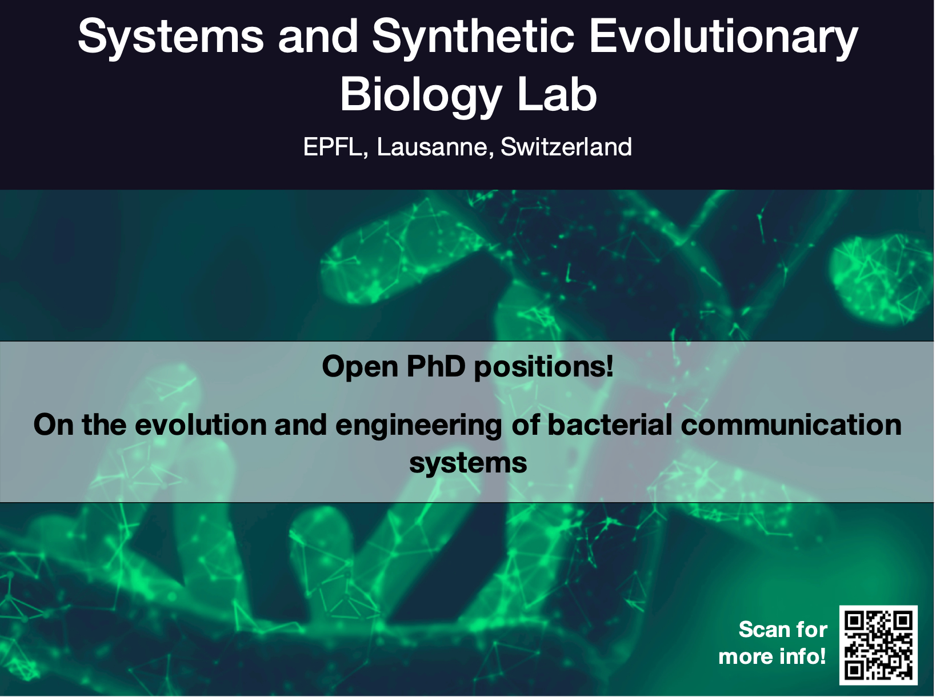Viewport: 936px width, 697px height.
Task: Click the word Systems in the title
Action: pos(171,37)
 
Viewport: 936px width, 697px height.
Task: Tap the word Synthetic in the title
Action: pos(473,37)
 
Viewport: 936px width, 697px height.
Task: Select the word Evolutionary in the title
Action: pos(723,37)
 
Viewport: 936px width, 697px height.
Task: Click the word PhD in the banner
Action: pos(435,366)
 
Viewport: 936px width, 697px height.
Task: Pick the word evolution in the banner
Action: pos(201,424)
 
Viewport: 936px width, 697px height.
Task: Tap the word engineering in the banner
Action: pos(419,426)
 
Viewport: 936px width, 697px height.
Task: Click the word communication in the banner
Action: pos(791,424)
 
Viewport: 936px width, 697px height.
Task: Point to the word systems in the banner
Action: pos(468,464)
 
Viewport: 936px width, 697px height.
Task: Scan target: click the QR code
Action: pos(878,645)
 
